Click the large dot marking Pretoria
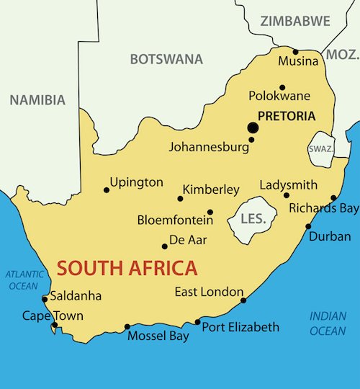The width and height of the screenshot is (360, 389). click(x=253, y=128)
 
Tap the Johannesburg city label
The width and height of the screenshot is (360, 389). click(x=208, y=146)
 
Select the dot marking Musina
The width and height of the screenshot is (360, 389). click(x=295, y=52)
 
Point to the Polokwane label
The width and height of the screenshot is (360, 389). click(x=279, y=95)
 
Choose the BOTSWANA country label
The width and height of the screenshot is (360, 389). click(x=166, y=59)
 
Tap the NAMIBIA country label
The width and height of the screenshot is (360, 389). click(x=37, y=100)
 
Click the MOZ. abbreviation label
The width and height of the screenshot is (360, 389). click(x=343, y=55)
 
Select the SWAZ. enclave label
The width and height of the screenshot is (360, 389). click(x=320, y=148)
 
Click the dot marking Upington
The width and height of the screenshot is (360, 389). click(x=107, y=190)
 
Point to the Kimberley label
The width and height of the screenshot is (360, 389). click(x=211, y=189)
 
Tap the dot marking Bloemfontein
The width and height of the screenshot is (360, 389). click(x=210, y=212)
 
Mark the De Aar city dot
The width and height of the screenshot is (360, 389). click(x=164, y=246)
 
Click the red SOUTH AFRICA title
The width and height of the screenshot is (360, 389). click(x=127, y=269)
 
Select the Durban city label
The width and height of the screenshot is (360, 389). click(x=330, y=236)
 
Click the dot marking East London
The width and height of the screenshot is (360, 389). click(x=243, y=300)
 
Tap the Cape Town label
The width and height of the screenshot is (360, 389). click(x=53, y=315)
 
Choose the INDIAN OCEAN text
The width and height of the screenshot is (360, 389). click(x=328, y=323)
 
